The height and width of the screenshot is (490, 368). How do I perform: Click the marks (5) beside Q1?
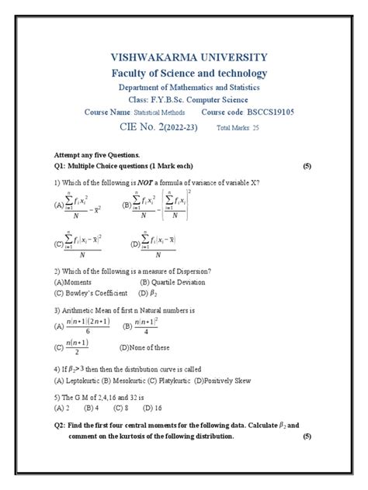[x=307, y=167]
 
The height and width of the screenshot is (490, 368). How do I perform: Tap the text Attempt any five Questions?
[x=96, y=156]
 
